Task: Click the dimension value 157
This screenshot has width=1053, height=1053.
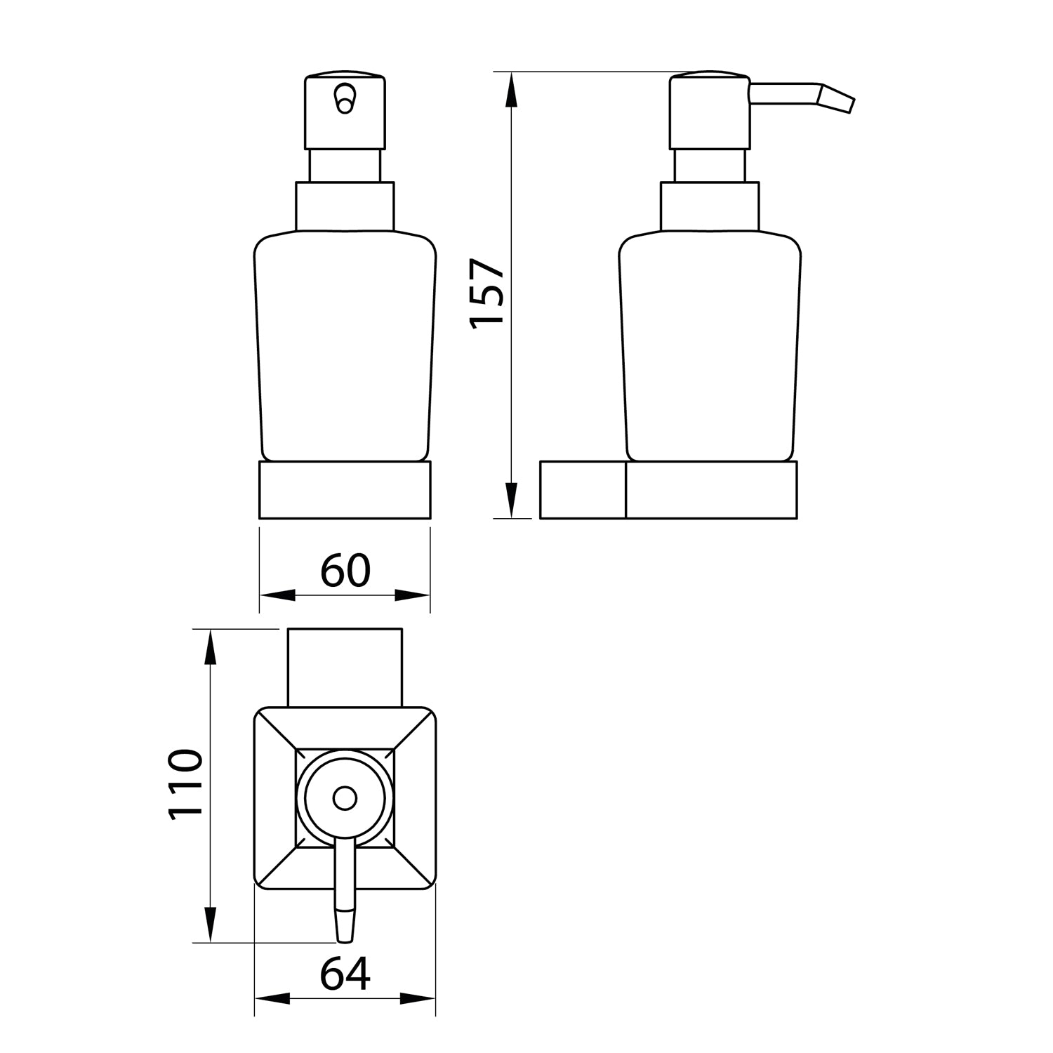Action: pyautogui.click(x=487, y=292)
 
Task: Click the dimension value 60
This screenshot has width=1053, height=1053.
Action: pyautogui.click(x=345, y=570)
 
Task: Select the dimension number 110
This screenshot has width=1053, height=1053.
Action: pyautogui.click(x=185, y=784)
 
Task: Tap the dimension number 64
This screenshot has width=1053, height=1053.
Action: pyautogui.click(x=345, y=974)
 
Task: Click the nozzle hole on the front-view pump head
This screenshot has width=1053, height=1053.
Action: pyautogui.click(x=345, y=98)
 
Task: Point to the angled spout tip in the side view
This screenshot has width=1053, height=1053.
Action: pyautogui.click(x=838, y=98)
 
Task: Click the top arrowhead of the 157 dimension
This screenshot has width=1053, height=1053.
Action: pyautogui.click(x=512, y=90)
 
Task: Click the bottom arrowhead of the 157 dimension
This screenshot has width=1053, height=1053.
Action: pyautogui.click(x=512, y=500)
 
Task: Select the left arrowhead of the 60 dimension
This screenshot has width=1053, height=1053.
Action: pyautogui.click(x=277, y=595)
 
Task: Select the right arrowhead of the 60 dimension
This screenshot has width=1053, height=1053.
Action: pyautogui.click(x=413, y=595)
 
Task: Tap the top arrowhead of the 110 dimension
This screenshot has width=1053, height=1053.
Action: pyautogui.click(x=209, y=647)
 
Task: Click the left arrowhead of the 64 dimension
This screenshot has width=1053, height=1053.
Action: pyautogui.click(x=272, y=998)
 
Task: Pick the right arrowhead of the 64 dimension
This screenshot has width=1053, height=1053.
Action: pyautogui.click(x=418, y=998)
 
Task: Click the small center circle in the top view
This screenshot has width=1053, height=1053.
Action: pyautogui.click(x=345, y=799)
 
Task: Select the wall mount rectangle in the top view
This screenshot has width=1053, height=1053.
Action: pyautogui.click(x=345, y=667)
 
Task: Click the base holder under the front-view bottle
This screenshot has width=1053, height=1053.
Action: pyautogui.click(x=345, y=489)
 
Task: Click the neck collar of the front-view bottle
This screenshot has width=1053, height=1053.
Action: pyautogui.click(x=345, y=206)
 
